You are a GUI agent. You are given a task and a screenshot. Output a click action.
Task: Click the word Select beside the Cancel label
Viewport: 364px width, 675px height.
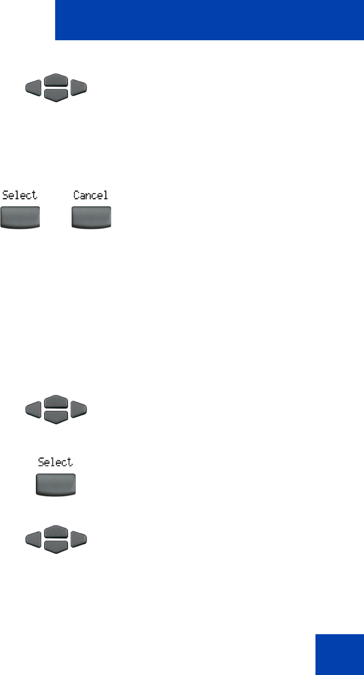pos(19,195)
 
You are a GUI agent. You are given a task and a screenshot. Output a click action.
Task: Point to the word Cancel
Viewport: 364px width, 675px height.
pos(91,195)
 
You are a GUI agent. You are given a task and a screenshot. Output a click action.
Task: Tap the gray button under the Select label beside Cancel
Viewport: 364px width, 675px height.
pos(20,217)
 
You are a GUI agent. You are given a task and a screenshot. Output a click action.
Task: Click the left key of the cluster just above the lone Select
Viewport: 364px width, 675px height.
pos(32,409)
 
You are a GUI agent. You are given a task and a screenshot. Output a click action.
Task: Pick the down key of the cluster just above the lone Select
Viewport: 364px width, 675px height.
pos(56,416)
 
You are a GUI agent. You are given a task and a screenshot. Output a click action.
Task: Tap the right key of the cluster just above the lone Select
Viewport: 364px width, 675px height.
pos(79,409)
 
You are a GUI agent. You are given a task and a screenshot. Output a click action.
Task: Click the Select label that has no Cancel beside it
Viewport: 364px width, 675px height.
pos(55,462)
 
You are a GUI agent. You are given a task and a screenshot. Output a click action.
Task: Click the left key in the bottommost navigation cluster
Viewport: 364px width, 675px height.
pos(32,539)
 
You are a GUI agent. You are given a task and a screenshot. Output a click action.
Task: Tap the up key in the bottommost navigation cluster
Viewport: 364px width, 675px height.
pos(56,533)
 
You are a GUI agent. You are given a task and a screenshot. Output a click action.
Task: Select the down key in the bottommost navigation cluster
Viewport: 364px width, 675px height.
pos(56,546)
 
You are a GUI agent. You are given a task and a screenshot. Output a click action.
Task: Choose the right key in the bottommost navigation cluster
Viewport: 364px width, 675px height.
pos(79,539)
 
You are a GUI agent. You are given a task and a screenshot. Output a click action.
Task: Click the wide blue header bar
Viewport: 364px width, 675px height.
pos(209,20)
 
